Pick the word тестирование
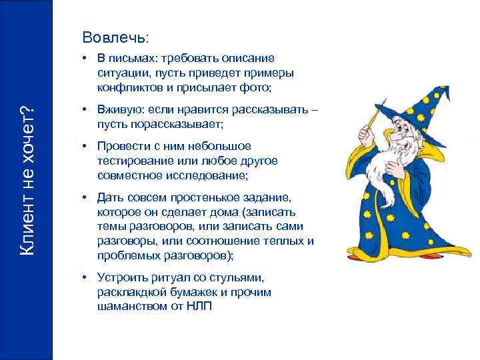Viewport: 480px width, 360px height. (x=132, y=161)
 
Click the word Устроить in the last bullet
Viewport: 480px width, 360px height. (x=121, y=277)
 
